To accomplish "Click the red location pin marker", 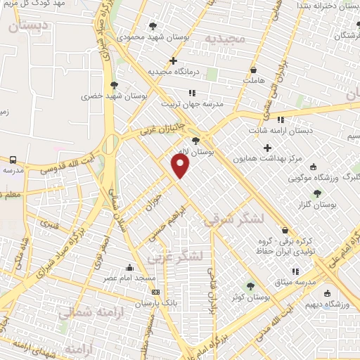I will pyautogui.click(x=181, y=166).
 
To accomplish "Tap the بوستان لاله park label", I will pyautogui.click(x=215, y=151).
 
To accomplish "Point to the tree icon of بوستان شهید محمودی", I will pyautogui.click(x=153, y=26).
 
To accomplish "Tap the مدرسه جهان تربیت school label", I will pyautogui.click(x=192, y=103).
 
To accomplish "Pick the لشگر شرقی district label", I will pyautogui.click(x=234, y=219).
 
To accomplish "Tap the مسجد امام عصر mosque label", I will pyautogui.click(x=150, y=279).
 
